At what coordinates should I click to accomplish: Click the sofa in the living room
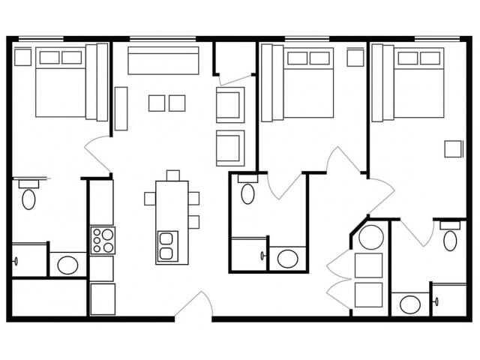(x=163, y=61)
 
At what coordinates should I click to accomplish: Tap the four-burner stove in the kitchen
(x=102, y=241)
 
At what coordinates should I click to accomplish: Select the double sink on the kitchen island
(x=167, y=247)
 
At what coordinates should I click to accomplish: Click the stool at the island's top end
(x=173, y=175)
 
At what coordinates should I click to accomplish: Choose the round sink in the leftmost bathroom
(x=67, y=265)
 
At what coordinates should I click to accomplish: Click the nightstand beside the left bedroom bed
(x=22, y=57)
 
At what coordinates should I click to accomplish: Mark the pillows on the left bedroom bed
(x=60, y=58)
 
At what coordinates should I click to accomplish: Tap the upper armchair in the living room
(x=230, y=104)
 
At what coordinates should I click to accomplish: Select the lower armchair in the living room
(x=230, y=148)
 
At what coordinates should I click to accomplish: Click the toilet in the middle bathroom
(x=247, y=192)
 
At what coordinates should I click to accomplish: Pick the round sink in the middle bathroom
(x=287, y=259)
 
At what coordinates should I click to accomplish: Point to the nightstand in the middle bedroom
(x=355, y=58)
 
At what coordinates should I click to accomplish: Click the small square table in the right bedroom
(x=453, y=148)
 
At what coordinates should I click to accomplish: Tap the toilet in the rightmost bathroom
(x=450, y=238)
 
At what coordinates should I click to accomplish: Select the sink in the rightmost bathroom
(x=409, y=304)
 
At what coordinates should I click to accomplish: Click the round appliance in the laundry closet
(x=370, y=237)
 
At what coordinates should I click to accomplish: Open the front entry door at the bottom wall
(x=193, y=307)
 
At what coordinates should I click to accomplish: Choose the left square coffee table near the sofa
(x=157, y=103)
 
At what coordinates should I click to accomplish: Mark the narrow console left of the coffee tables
(x=121, y=109)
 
